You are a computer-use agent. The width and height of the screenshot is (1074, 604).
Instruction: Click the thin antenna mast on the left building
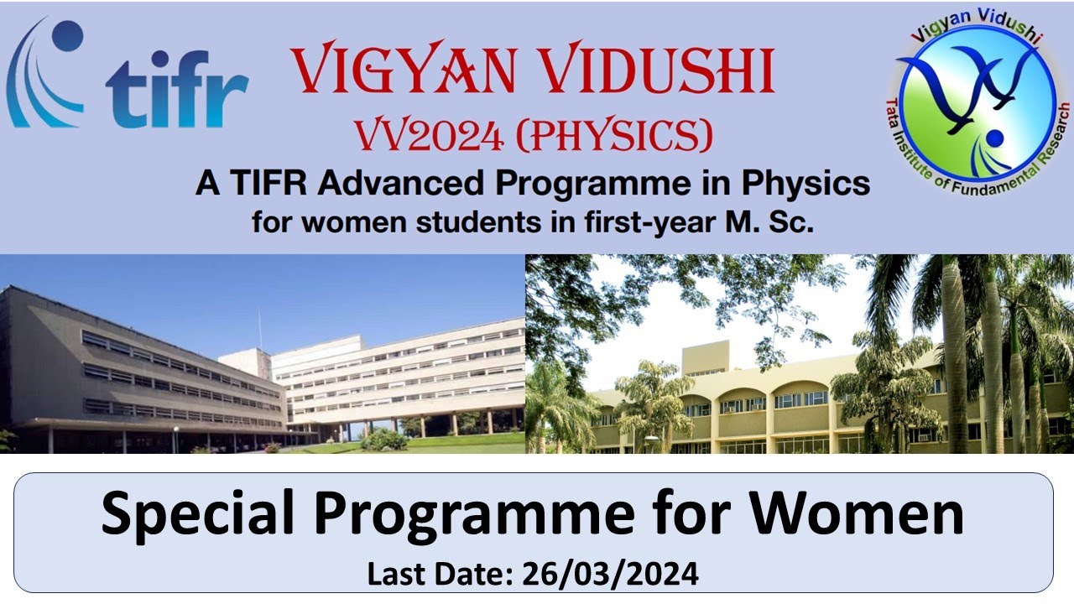pos(259,327)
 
